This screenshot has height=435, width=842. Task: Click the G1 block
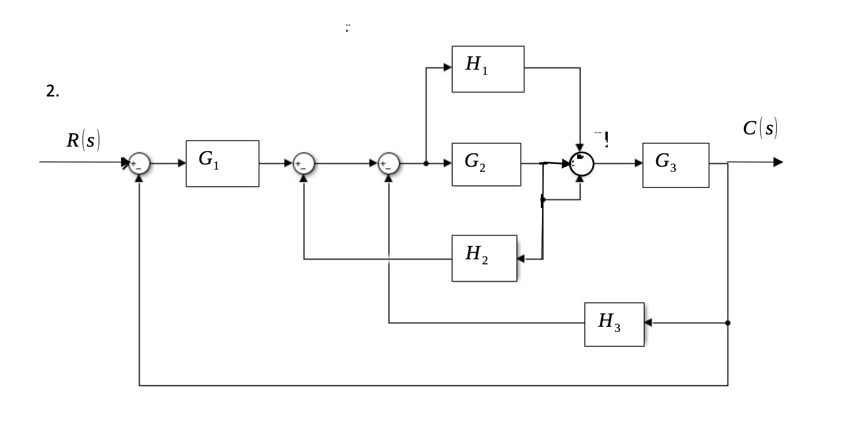point(222,163)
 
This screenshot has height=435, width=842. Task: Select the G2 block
point(486,164)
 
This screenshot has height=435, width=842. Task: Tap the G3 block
point(676,165)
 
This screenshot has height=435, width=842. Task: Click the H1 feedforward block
point(488,69)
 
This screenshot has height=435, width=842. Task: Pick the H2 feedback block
point(484,258)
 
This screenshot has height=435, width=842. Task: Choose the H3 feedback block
point(614,324)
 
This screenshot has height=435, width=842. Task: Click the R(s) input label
point(83,141)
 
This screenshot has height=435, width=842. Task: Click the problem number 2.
point(52,93)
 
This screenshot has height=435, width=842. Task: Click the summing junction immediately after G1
point(304,163)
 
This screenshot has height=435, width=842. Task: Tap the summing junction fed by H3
point(389,163)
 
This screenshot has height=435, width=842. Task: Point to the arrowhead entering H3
point(649,323)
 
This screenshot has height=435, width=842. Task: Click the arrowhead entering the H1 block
point(447,67)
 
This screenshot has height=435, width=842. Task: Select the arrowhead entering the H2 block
point(521,259)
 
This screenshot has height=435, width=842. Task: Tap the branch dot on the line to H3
point(728,323)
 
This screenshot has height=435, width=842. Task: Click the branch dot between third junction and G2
point(426,163)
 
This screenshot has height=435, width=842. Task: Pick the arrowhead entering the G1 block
point(182,163)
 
